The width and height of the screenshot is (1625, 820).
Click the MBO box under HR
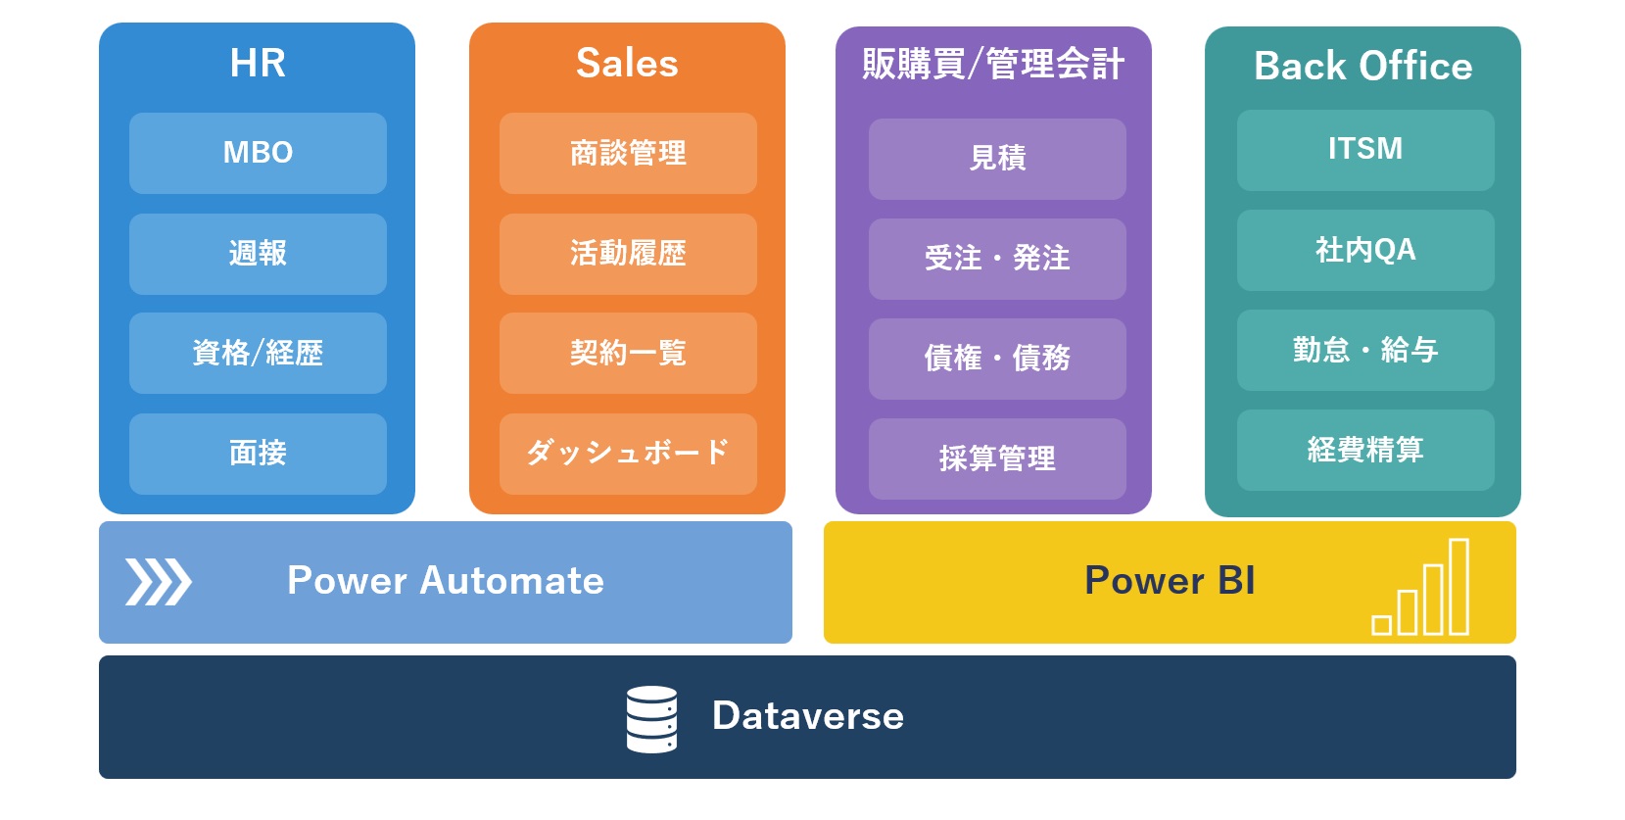click(258, 153)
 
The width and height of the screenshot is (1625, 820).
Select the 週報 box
click(258, 254)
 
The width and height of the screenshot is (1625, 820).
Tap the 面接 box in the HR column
click(258, 455)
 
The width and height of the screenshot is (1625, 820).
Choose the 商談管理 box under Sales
click(628, 153)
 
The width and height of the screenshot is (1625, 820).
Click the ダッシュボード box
click(628, 455)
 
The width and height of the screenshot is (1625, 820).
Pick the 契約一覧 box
click(628, 354)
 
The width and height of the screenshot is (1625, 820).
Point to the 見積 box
click(997, 159)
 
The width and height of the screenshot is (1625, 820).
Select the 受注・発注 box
click(997, 259)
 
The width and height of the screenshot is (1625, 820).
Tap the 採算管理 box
click(997, 458)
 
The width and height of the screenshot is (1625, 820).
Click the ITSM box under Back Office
click(1365, 150)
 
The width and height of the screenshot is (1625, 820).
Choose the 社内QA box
click(1365, 251)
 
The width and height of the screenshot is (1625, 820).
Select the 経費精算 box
click(1365, 450)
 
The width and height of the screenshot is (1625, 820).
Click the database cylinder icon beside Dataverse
click(651, 719)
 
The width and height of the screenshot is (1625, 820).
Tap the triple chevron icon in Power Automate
click(158, 581)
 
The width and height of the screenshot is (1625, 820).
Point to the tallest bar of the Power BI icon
click(1458, 586)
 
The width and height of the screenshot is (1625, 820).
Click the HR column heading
click(258, 63)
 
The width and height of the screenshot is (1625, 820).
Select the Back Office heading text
click(1363, 66)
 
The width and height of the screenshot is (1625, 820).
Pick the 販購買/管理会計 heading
click(993, 64)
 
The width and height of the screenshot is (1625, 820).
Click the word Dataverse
click(808, 716)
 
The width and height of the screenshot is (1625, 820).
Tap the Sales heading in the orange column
click(628, 63)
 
